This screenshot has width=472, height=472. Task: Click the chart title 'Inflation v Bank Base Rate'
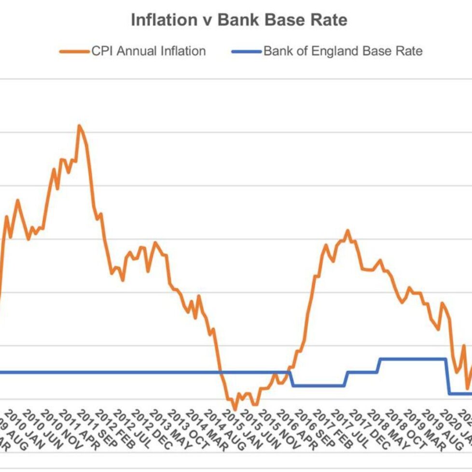(239, 20)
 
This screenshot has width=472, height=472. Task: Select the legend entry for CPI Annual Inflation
(149, 51)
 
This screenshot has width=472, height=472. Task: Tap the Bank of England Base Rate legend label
(343, 51)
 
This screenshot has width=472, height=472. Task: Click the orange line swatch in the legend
(75, 52)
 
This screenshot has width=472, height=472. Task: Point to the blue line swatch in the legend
(247, 52)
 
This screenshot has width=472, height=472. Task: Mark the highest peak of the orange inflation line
(80, 126)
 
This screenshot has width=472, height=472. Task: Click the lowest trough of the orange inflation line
(235, 409)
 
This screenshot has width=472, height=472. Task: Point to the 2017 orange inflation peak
(347, 231)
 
